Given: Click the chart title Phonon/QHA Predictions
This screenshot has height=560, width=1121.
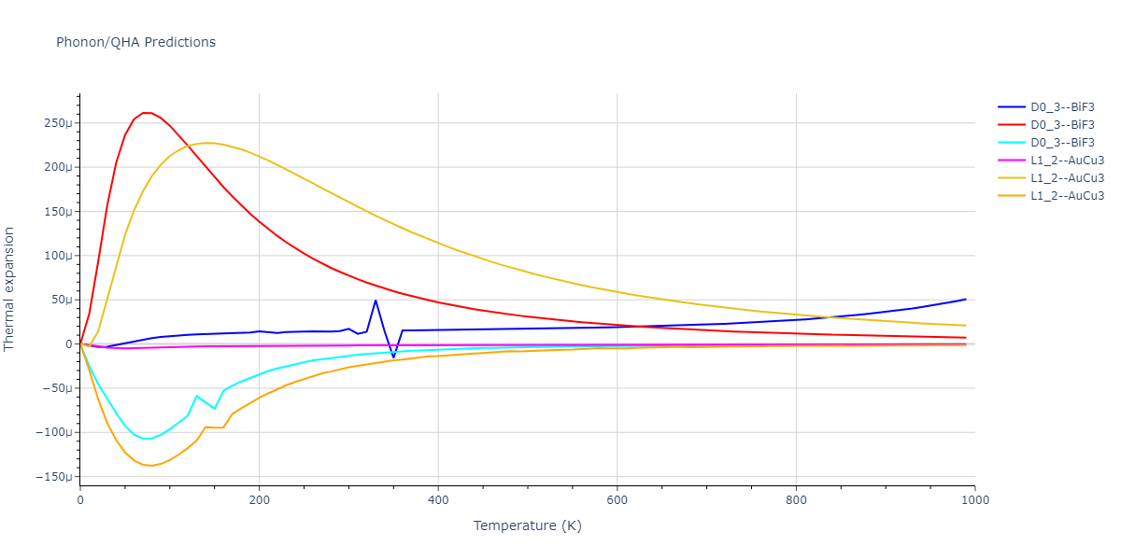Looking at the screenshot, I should tap(135, 42).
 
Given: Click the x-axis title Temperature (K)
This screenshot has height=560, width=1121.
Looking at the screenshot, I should tap(527, 525).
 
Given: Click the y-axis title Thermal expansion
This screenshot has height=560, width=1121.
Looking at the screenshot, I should tap(10, 288).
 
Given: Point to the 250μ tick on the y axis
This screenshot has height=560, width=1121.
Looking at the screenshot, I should tap(59, 123).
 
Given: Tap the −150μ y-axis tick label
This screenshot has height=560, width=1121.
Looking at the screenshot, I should tap(55, 477).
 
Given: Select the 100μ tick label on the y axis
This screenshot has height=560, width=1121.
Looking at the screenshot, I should tap(59, 256).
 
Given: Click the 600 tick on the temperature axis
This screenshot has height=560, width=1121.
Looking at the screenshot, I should tap(617, 499).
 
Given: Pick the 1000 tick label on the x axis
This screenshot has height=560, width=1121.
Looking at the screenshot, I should tap(974, 499).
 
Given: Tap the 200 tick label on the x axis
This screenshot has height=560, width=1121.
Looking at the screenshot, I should tap(259, 499).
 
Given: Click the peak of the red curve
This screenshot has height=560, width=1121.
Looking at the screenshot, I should tap(147, 113).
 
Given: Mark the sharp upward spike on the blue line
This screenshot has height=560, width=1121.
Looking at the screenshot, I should tap(376, 301).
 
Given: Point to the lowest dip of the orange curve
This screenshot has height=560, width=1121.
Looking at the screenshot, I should tap(149, 466).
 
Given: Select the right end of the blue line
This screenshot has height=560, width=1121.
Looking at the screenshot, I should tap(965, 300).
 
